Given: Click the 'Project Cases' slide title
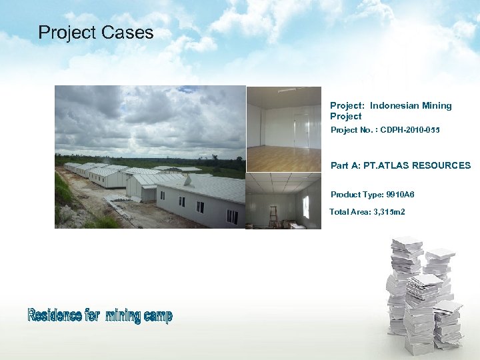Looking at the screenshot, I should coord(95,33).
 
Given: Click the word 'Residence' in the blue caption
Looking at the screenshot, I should coord(55,315).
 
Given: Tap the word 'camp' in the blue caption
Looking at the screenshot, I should coord(157,316).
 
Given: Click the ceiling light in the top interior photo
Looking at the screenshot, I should coord(289,90).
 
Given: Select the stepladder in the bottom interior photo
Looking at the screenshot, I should coord(273,217).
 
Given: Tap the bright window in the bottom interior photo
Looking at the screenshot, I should coord(305,207).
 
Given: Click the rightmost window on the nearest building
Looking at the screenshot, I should coord(231,216).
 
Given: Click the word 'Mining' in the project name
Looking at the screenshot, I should coord(437,105).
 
